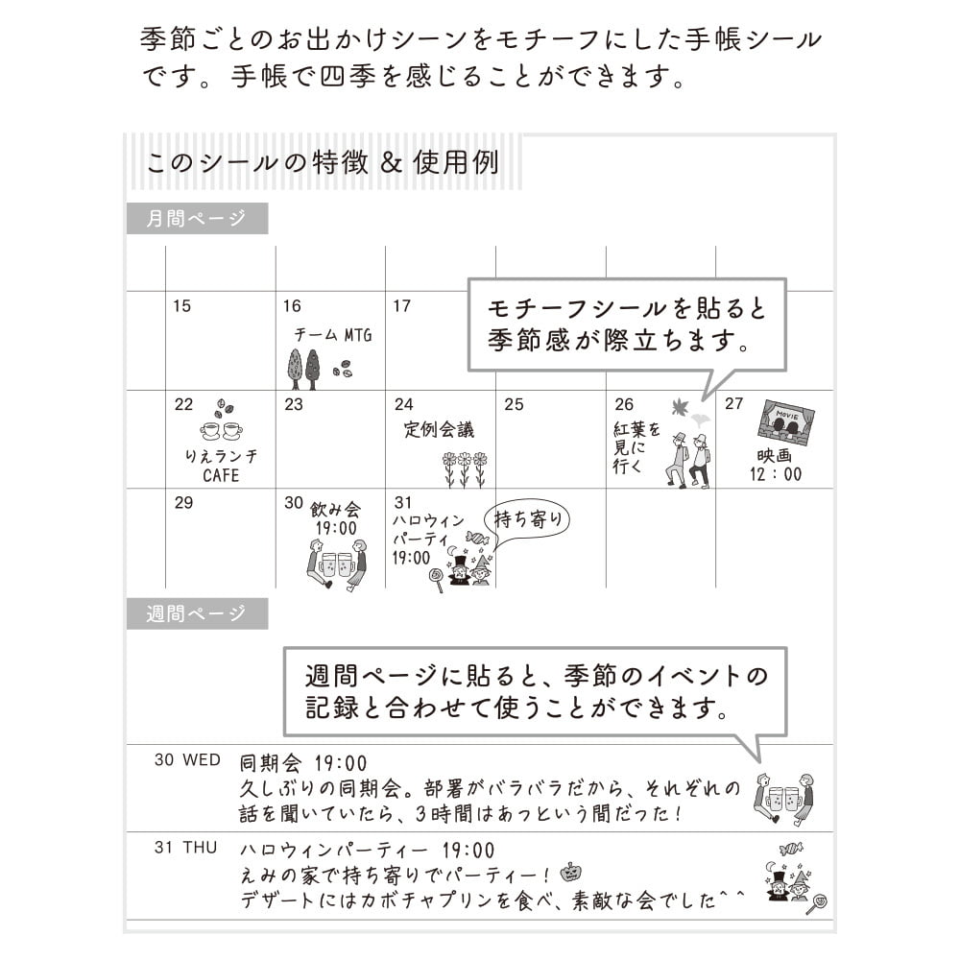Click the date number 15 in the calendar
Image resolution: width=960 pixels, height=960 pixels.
click(x=181, y=306)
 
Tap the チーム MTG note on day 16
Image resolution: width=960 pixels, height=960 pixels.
click(x=333, y=335)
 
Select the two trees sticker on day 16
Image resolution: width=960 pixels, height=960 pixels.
click(x=303, y=370)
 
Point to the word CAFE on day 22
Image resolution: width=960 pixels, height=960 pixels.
click(x=221, y=476)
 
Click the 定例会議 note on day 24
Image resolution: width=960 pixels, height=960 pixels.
click(x=439, y=429)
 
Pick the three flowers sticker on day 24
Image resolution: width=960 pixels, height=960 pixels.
click(x=464, y=469)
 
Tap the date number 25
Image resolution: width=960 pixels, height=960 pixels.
click(x=514, y=404)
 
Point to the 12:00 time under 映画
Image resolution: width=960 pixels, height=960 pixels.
click(x=776, y=474)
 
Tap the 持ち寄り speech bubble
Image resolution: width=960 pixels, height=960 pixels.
click(x=526, y=519)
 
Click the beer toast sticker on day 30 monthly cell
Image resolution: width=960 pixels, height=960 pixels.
click(x=337, y=564)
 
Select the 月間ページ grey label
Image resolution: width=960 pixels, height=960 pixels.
click(x=197, y=219)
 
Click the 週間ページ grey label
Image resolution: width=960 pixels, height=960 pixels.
click(x=197, y=613)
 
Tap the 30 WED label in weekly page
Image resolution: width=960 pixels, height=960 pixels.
click(x=187, y=759)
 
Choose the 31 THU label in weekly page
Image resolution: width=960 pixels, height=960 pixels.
click(x=186, y=848)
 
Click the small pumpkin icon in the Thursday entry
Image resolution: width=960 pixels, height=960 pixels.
click(x=570, y=872)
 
